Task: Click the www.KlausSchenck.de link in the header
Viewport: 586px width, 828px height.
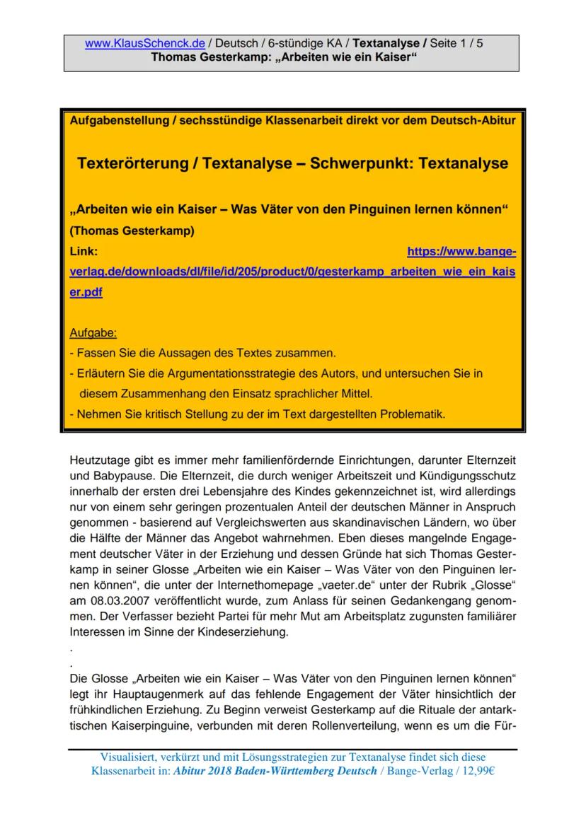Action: pos(144,43)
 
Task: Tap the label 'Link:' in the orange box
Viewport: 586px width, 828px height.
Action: pos(84,251)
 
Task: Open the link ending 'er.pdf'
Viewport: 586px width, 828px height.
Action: pos(86,293)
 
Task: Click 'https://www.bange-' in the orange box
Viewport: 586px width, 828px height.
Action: pos(461,251)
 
